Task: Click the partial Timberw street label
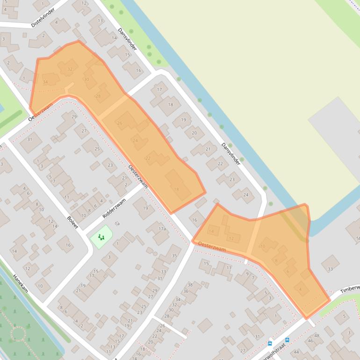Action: [350, 288]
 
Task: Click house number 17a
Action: [162, 229]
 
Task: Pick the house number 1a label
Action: [117, 224]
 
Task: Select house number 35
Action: [174, 256]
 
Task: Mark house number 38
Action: [190, 285]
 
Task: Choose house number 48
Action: [317, 336]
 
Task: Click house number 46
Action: [311, 341]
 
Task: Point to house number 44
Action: [296, 352]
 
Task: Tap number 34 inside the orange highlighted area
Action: [45, 82]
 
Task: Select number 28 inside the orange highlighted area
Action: [98, 96]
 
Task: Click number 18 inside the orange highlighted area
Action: [176, 189]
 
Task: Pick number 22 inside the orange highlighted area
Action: [148, 158]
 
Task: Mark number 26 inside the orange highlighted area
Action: [120, 123]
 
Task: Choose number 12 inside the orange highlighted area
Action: [231, 238]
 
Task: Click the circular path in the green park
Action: [18, 334]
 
